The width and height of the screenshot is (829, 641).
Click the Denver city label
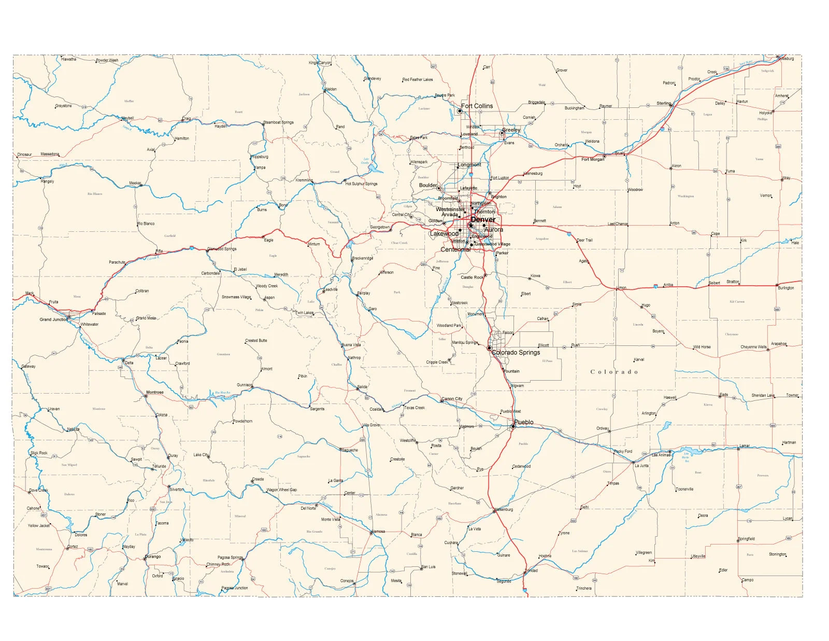click(483, 219)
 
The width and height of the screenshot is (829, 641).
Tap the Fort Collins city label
click(477, 106)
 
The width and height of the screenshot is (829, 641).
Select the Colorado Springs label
click(516, 353)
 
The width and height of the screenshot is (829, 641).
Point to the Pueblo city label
click(524, 422)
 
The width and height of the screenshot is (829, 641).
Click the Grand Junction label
click(54, 319)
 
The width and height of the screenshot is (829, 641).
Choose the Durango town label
click(153, 556)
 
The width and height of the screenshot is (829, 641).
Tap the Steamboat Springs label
click(278, 122)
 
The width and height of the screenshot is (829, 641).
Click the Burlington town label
click(785, 288)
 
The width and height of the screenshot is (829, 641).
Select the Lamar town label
click(744, 446)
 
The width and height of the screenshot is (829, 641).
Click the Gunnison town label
click(245, 385)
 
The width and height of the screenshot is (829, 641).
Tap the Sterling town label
click(664, 103)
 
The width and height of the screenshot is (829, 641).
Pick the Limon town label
click(621, 288)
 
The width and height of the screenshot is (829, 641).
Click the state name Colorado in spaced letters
click(614, 372)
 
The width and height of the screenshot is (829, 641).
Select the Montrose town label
click(155, 393)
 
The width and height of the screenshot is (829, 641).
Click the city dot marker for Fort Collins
click(460, 111)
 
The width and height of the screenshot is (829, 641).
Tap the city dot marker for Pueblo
click(513, 426)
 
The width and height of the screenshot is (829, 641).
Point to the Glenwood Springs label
click(222, 249)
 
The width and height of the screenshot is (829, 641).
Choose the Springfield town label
click(747, 539)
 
